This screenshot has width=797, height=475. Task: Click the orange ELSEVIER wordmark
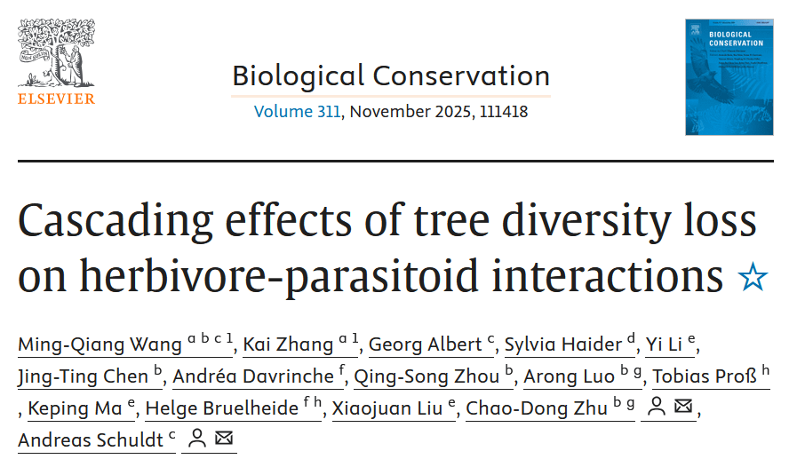56,99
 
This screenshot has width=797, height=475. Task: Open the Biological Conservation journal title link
391,75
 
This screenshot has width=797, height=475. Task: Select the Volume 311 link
297,112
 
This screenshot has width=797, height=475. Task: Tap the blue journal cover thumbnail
729,77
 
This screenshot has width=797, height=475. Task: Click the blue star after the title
752,278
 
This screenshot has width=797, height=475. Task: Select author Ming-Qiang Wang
100,344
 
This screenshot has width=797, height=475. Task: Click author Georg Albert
425,344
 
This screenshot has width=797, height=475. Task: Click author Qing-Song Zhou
426,376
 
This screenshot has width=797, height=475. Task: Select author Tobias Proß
705,376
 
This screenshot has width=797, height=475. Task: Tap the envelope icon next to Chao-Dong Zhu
682,408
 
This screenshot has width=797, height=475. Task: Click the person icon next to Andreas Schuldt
197,439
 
